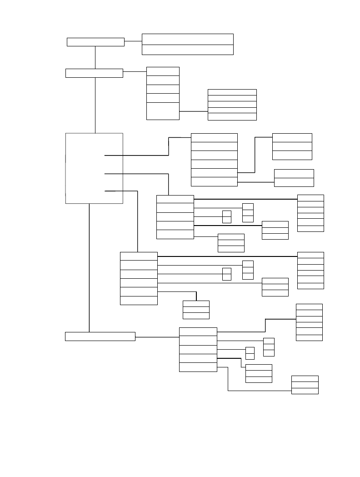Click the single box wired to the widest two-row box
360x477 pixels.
pos(95,42)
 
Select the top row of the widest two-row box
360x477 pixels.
pos(187,39)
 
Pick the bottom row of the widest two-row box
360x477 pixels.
pos(187,50)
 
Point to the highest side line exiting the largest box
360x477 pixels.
pos(136,155)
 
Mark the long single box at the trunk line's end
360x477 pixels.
pos(100,336)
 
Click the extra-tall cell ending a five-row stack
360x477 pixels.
pos(163,111)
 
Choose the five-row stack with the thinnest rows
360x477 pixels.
pos(232,105)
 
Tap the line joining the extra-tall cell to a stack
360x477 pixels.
pos(193,111)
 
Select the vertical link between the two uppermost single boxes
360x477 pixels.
pos(95,57)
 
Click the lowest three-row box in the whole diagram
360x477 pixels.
pos(305,385)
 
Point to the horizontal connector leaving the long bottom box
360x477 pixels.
pos(157,337)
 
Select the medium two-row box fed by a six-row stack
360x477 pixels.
pos(294,178)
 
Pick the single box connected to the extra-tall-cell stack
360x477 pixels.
pos(94,73)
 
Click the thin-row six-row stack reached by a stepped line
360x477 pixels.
pos(309,322)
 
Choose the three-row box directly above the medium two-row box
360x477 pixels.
pos(292,146)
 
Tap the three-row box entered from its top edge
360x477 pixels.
pos(196,309)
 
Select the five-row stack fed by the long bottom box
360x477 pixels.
pos(198,349)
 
